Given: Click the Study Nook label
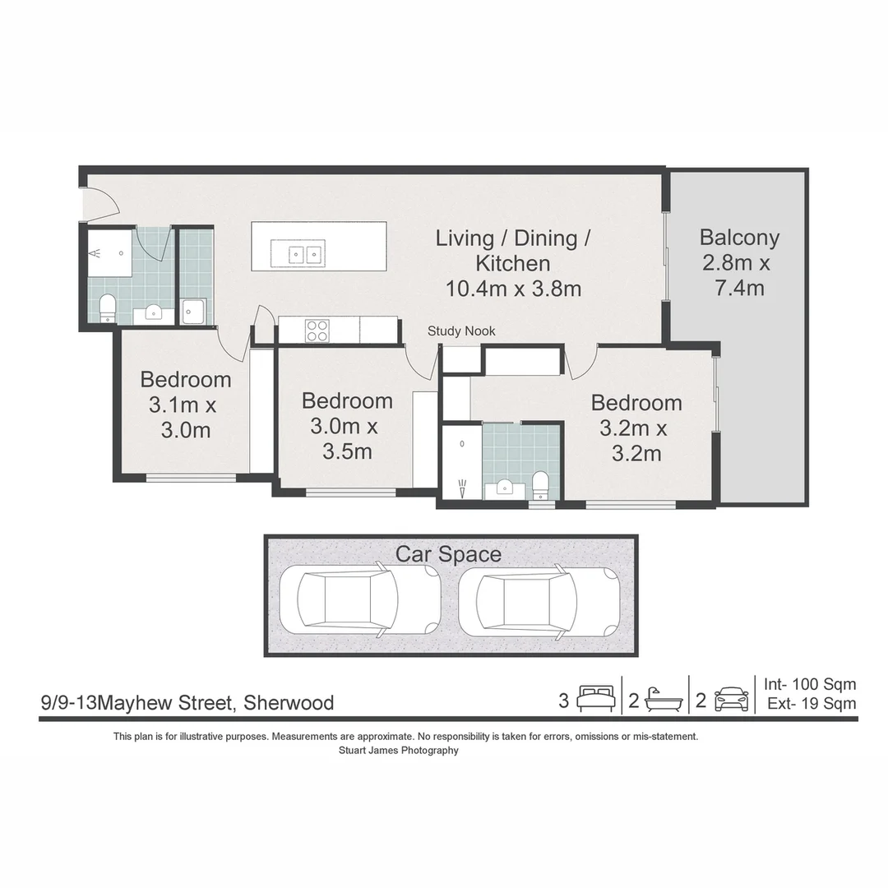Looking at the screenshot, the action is tap(461, 331).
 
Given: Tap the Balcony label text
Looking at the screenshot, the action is tap(739, 237).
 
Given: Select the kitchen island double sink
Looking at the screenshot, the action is tap(298, 254).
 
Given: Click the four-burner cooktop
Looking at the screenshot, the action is tap(317, 331).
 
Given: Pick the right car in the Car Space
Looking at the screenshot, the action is tap(539, 599).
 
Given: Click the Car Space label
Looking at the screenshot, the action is tap(448, 554).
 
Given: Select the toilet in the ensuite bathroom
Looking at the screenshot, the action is tap(541, 485).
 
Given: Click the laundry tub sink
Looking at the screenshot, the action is tap(193, 312).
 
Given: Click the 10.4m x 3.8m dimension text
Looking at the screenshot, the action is tap(513, 289).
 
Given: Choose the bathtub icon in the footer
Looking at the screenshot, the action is tap(664, 700).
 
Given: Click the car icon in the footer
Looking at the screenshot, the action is tap(732, 699).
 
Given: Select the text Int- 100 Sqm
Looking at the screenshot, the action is tap(810, 684).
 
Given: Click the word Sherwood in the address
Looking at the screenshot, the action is tap(289, 703).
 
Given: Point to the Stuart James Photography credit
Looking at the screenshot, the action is tap(399, 751).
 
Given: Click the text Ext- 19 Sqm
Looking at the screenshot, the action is tap(812, 703).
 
